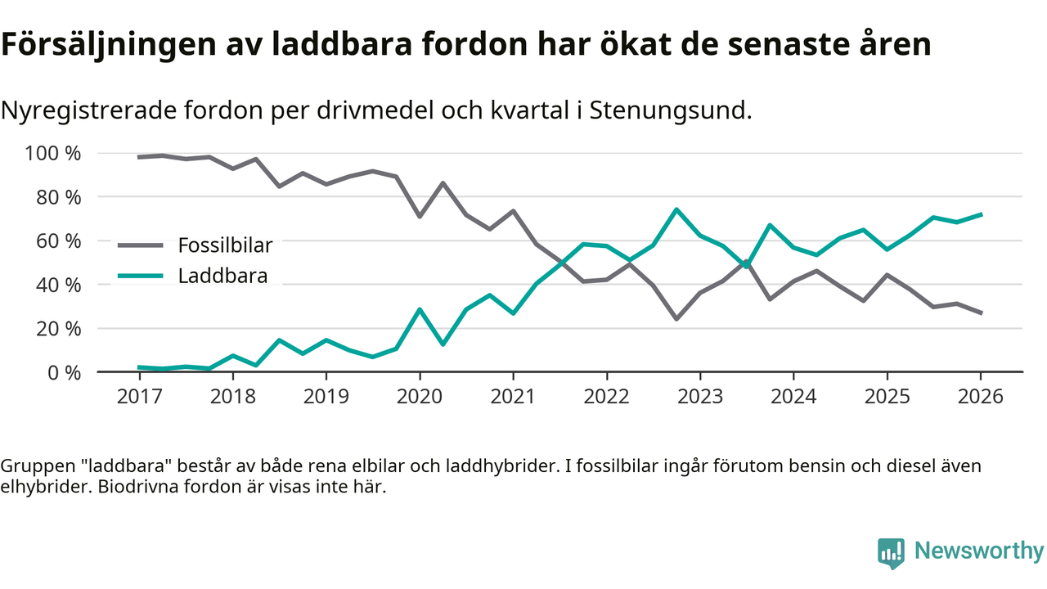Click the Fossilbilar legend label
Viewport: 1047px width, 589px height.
point(225,245)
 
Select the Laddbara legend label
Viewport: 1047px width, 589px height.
point(222,276)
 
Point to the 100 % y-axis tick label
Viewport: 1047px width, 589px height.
point(54,153)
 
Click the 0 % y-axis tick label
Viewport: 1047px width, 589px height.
point(63,372)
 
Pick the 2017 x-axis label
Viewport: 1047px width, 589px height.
point(139,397)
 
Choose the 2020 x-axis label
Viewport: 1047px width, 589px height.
point(420,397)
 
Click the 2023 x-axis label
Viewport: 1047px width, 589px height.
point(700,397)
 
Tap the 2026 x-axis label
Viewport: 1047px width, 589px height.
point(981,397)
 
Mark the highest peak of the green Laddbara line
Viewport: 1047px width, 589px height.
point(676,209)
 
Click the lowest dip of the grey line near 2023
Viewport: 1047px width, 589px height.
point(676,318)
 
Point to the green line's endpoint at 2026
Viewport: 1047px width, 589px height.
point(981,214)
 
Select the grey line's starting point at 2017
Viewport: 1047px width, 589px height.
point(139,157)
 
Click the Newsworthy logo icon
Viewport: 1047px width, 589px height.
point(891,553)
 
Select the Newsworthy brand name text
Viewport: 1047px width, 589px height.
point(978,551)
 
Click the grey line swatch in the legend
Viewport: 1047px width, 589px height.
point(142,245)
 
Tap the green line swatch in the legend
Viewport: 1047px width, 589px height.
point(142,276)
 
